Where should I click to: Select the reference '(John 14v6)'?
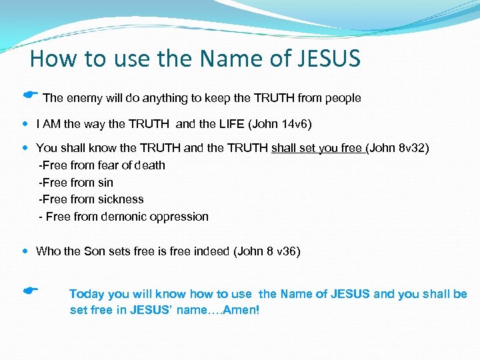point(281,124)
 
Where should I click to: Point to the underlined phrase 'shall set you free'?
point(317,148)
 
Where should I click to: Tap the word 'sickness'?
point(122,199)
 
